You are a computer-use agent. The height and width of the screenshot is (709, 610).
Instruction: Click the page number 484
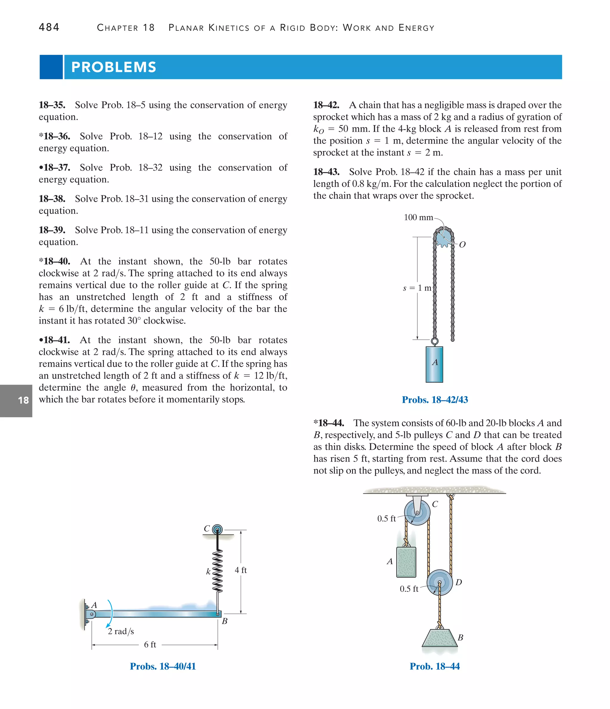click(x=49, y=27)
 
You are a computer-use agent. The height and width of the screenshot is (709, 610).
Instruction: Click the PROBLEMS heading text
click(x=113, y=67)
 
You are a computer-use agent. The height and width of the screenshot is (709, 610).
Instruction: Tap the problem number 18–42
click(x=326, y=105)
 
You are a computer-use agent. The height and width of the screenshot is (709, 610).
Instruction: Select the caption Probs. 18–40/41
click(x=163, y=666)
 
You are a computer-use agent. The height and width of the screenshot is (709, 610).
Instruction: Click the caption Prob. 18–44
click(x=434, y=666)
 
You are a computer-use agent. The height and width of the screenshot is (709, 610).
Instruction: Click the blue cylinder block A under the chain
click(x=434, y=364)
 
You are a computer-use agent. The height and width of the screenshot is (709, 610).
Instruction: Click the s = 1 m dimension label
click(x=417, y=288)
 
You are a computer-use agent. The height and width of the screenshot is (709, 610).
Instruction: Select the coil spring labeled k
click(x=217, y=571)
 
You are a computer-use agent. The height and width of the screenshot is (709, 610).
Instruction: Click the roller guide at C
click(x=217, y=530)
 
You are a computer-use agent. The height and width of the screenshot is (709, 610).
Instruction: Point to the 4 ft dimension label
click(x=241, y=570)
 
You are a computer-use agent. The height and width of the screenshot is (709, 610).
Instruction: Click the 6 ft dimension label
click(x=150, y=645)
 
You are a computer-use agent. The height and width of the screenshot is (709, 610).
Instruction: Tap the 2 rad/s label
click(x=121, y=631)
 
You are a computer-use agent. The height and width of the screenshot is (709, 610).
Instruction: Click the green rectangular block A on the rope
click(x=406, y=562)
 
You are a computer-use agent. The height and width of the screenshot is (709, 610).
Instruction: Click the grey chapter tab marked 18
click(x=16, y=400)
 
